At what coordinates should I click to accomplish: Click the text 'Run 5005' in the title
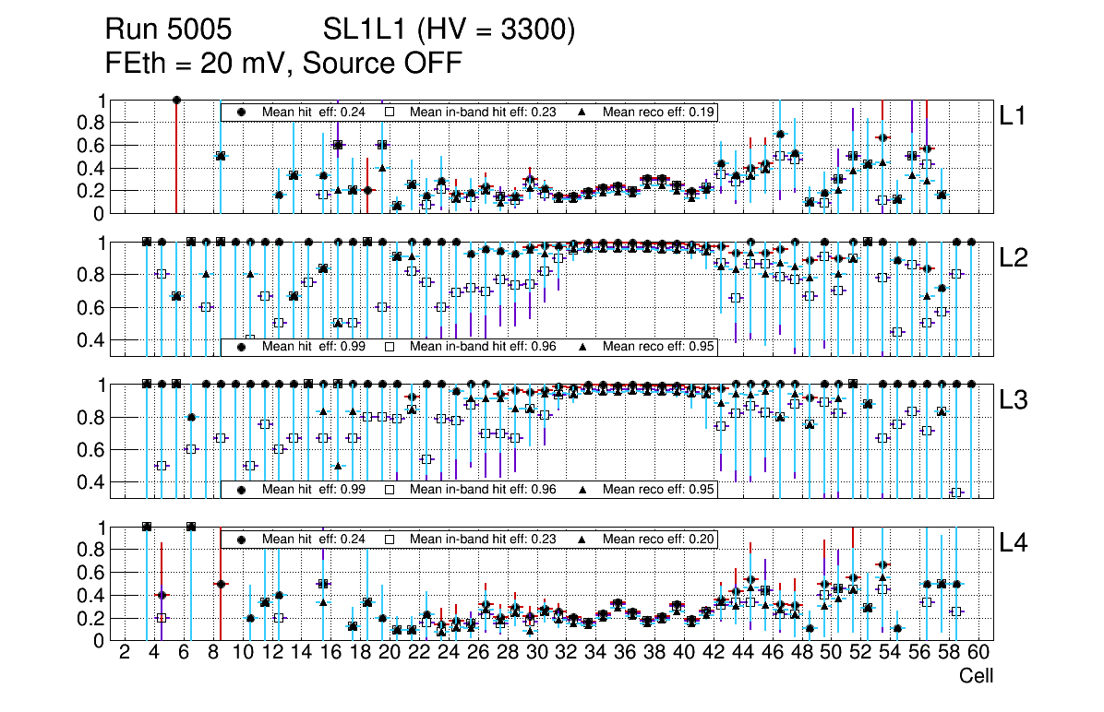click(168, 30)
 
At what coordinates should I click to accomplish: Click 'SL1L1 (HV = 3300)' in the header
click(449, 30)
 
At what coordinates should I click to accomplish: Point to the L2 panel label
click(1014, 258)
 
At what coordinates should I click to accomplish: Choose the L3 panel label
click(1014, 400)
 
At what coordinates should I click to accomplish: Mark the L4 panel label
click(1014, 543)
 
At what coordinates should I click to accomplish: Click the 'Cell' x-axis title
click(976, 676)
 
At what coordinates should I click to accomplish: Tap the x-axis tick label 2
click(125, 653)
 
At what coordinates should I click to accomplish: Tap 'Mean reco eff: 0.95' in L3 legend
click(659, 490)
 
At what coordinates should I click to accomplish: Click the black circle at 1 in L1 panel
click(176, 101)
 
